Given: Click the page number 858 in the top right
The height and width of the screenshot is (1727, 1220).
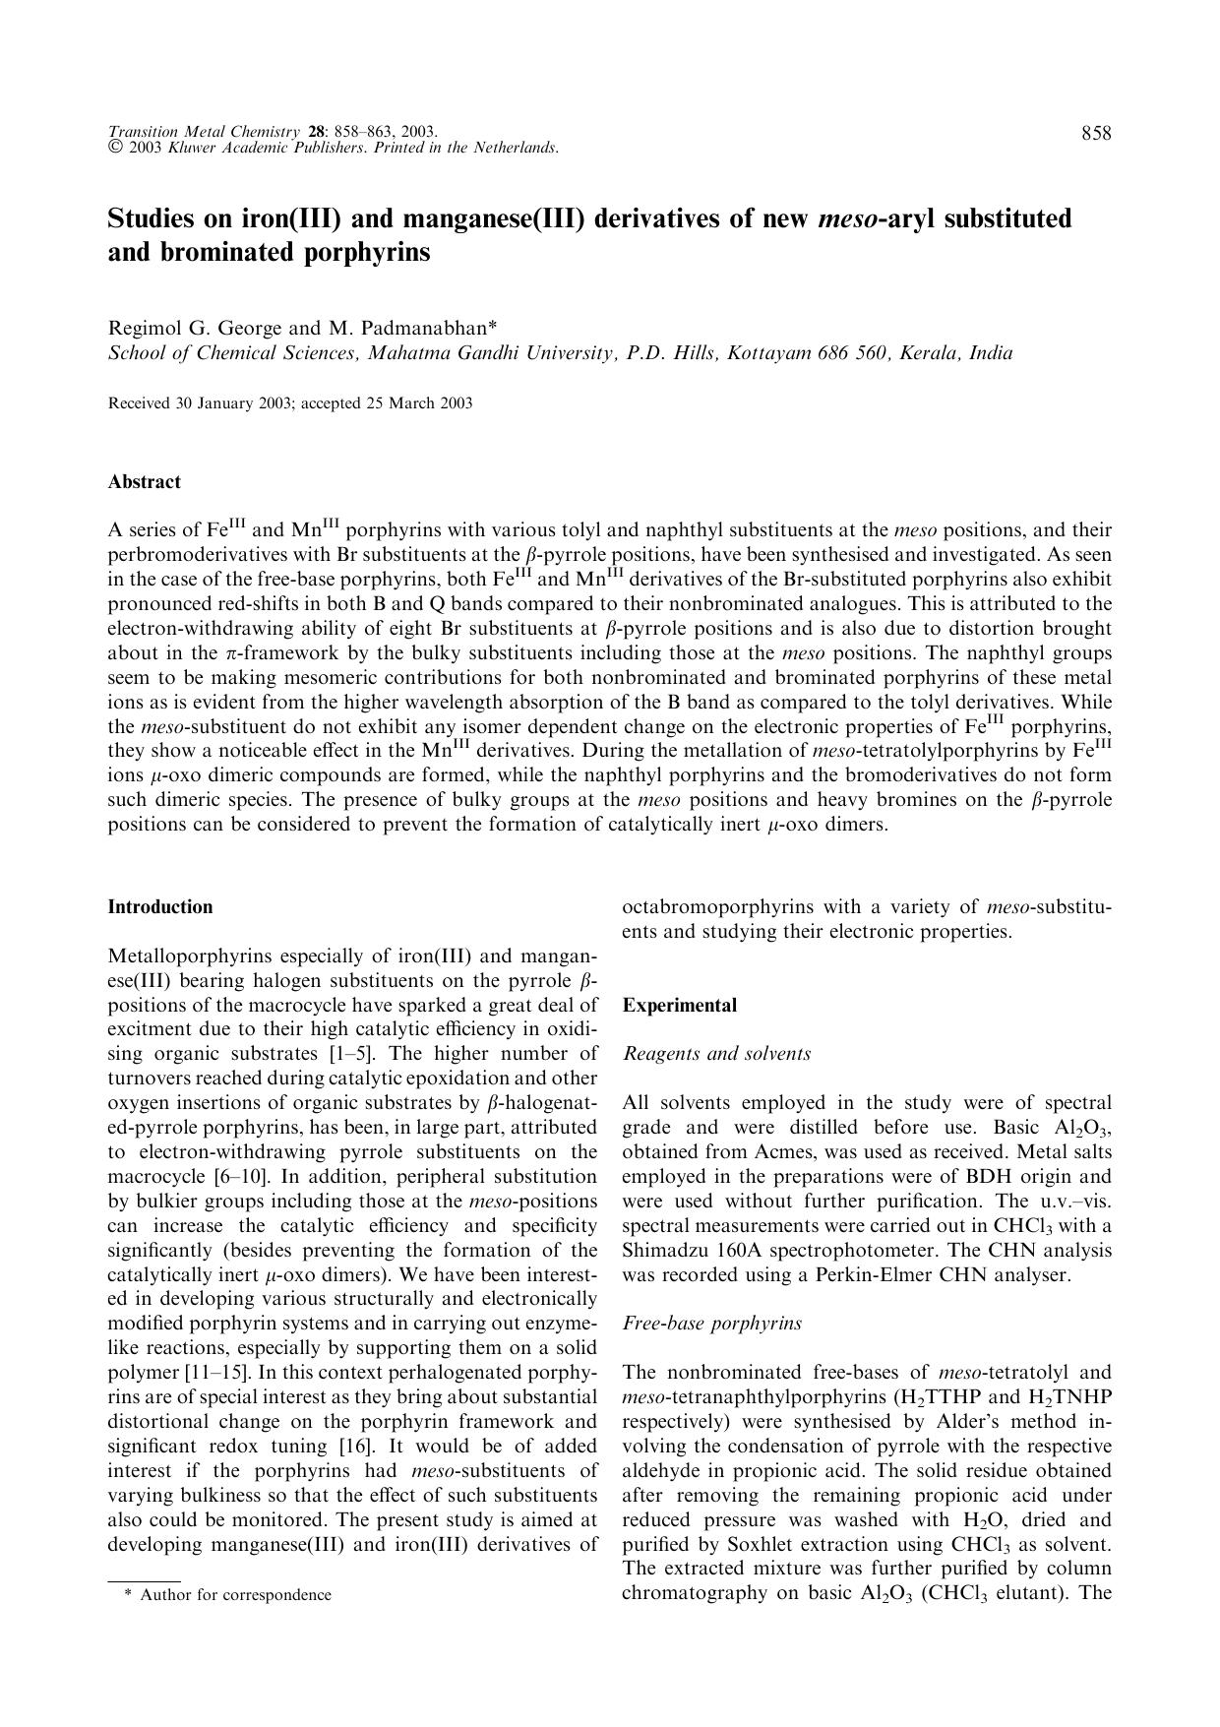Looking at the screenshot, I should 1096,134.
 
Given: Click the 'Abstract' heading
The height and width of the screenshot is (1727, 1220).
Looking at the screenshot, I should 144,482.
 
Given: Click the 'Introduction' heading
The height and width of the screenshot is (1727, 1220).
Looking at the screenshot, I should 159,907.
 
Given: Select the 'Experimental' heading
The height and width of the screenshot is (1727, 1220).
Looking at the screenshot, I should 679,1006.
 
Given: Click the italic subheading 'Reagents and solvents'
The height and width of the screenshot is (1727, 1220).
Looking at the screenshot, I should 716,1054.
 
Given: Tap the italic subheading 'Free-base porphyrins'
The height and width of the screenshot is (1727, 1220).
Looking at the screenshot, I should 711,1324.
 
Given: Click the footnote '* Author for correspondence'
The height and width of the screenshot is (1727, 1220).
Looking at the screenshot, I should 227,1595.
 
